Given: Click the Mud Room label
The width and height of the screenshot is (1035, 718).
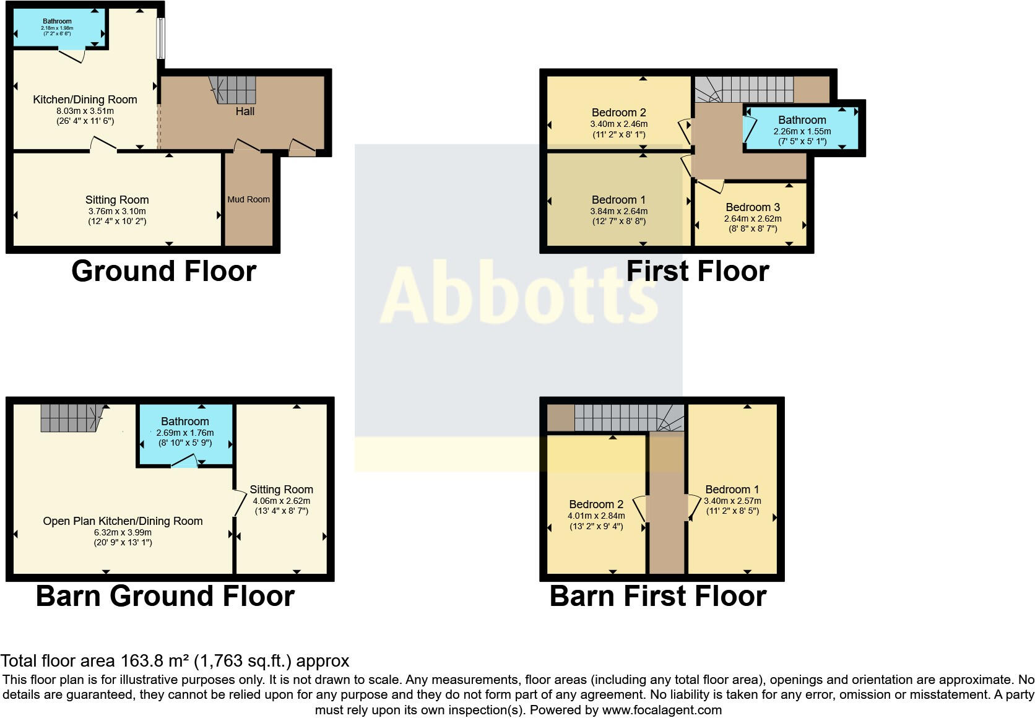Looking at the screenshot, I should click(x=248, y=199).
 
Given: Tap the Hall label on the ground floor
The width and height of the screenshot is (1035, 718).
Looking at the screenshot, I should click(x=245, y=111).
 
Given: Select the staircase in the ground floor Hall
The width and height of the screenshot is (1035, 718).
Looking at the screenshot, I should click(x=233, y=90).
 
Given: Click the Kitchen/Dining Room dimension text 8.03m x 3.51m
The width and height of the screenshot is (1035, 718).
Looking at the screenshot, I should click(x=85, y=111).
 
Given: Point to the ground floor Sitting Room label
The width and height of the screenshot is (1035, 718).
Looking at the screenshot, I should click(x=117, y=200).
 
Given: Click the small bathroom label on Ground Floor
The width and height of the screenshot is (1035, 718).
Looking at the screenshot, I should click(x=57, y=21).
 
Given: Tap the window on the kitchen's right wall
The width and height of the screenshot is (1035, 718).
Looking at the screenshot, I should click(x=160, y=38).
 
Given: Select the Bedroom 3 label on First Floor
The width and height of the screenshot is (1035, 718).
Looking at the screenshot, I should click(x=753, y=207).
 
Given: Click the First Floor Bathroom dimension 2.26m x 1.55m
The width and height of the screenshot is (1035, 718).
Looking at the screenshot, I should click(x=802, y=131).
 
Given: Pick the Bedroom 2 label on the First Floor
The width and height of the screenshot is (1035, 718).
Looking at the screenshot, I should click(x=618, y=113).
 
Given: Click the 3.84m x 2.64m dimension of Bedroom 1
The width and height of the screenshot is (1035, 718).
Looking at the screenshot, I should click(x=618, y=211).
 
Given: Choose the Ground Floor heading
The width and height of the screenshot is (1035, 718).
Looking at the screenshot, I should click(x=163, y=271).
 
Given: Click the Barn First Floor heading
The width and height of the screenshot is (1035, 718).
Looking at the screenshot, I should click(x=658, y=596).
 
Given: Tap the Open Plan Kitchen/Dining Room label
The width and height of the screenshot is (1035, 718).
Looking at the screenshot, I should click(x=123, y=521).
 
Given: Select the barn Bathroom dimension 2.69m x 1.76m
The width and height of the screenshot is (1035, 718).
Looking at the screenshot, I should click(x=184, y=433).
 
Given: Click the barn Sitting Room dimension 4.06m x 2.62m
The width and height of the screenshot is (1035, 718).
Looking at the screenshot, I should click(x=281, y=501).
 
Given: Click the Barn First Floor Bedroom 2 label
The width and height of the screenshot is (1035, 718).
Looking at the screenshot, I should click(x=595, y=504).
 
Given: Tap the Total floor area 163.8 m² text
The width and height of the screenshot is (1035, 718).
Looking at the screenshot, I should click(x=175, y=661).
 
